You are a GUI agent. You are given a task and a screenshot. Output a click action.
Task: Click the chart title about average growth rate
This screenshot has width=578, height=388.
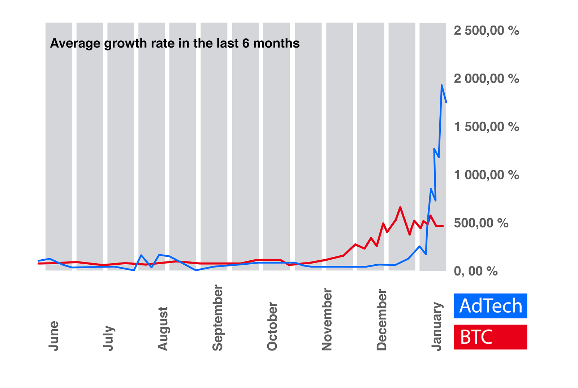pyautogui.click(x=175, y=44)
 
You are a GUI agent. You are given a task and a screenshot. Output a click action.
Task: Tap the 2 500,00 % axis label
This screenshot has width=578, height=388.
pyautogui.click(x=486, y=31)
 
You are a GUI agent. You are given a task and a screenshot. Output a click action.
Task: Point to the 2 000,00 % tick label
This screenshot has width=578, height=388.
pyautogui.click(x=486, y=79)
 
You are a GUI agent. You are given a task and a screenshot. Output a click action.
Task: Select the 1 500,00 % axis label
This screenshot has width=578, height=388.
pyautogui.click(x=486, y=127)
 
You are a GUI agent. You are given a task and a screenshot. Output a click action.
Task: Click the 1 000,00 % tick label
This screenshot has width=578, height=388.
pyautogui.click(x=486, y=175)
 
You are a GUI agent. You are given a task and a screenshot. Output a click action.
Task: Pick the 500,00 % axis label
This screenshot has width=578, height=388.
pyautogui.click(x=481, y=224)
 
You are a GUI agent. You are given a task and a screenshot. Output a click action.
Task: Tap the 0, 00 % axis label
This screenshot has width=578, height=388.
pyautogui.click(x=475, y=272)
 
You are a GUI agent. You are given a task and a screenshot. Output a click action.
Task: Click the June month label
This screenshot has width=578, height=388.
pyautogui.click(x=53, y=336)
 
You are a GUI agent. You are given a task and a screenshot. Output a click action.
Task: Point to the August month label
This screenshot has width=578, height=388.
pyautogui.click(x=163, y=329)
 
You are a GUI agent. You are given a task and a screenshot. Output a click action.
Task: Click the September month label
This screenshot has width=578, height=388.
pyautogui.click(x=217, y=318)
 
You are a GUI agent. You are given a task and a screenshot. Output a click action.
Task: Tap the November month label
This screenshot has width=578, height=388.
pyautogui.click(x=327, y=319)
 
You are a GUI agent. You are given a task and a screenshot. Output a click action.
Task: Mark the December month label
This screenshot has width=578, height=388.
pyautogui.click(x=381, y=320)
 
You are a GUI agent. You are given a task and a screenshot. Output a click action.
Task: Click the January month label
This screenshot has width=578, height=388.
pyautogui.click(x=437, y=326)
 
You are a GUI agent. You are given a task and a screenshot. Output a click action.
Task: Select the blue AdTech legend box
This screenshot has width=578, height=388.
pyautogui.click(x=490, y=306)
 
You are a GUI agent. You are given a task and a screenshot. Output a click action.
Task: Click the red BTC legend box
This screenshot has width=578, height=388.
pyautogui.click(x=490, y=337)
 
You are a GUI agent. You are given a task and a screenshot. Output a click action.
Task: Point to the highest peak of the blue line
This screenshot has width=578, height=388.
pyautogui.click(x=441, y=85)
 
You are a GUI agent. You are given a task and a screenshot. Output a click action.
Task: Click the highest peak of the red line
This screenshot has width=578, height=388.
pyautogui.click(x=400, y=207)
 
